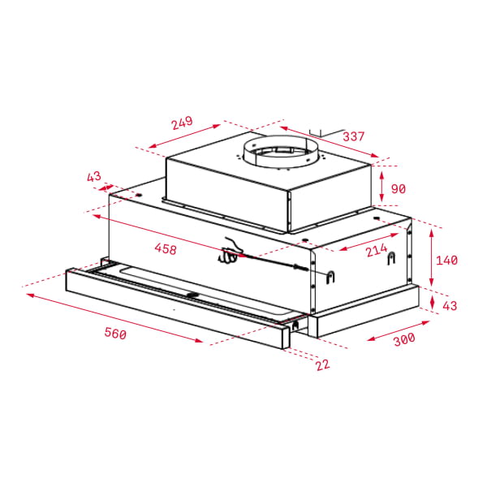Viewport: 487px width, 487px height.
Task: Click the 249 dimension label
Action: (182, 123)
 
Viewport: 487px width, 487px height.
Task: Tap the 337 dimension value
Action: (353, 136)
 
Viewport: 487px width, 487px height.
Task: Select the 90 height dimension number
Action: (398, 188)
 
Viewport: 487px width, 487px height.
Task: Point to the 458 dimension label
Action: (165, 249)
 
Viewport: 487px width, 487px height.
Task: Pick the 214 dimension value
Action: (376, 251)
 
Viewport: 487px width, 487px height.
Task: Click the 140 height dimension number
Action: (446, 260)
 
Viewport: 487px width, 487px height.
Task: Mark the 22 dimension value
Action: (322, 364)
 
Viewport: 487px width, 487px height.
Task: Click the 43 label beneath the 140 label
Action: (449, 305)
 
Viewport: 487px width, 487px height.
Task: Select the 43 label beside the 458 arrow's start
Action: (93, 177)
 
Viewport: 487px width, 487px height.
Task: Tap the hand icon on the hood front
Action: (230, 253)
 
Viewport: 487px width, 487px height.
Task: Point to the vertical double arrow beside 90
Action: (381, 187)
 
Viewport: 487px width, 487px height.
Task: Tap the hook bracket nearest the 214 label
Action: (392, 259)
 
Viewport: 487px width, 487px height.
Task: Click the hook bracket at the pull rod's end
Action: (330, 275)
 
